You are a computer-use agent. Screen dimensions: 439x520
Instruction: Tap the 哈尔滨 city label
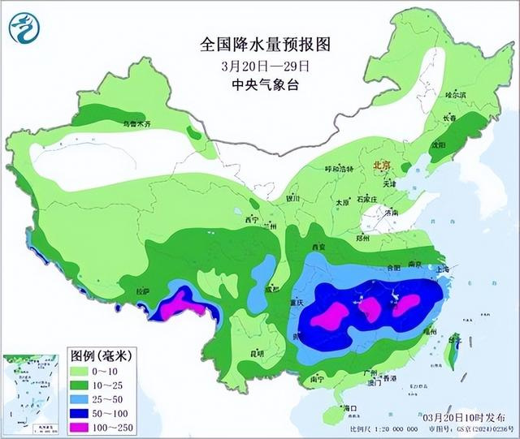coord(456,95)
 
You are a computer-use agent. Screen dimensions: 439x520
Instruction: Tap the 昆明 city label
coord(257,353)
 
